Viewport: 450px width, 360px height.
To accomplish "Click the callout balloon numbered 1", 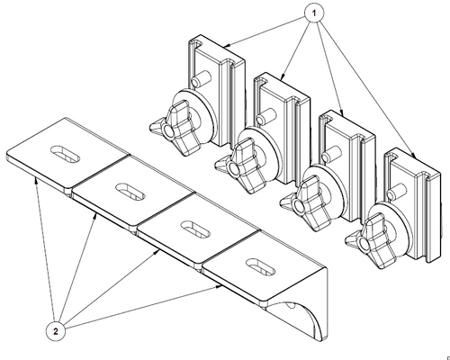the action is coord(314,13).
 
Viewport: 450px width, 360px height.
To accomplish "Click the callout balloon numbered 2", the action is coord(56,331).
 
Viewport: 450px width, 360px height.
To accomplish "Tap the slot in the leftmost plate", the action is coord(65,154).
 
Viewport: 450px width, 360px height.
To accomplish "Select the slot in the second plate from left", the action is coord(130,192).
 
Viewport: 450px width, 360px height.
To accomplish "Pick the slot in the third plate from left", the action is coord(196,229).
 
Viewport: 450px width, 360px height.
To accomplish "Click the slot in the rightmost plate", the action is coord(260,266).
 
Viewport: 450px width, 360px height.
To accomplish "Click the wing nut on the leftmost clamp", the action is coord(175,128).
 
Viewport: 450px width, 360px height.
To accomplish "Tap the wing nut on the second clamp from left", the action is coord(241,166).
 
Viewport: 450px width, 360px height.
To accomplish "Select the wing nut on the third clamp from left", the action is coord(306,203).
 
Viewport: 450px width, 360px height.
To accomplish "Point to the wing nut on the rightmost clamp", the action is coord(371,241).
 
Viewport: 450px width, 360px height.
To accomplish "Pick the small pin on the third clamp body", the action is coord(331,154).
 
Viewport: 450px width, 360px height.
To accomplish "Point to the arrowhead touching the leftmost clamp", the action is coord(227,46).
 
